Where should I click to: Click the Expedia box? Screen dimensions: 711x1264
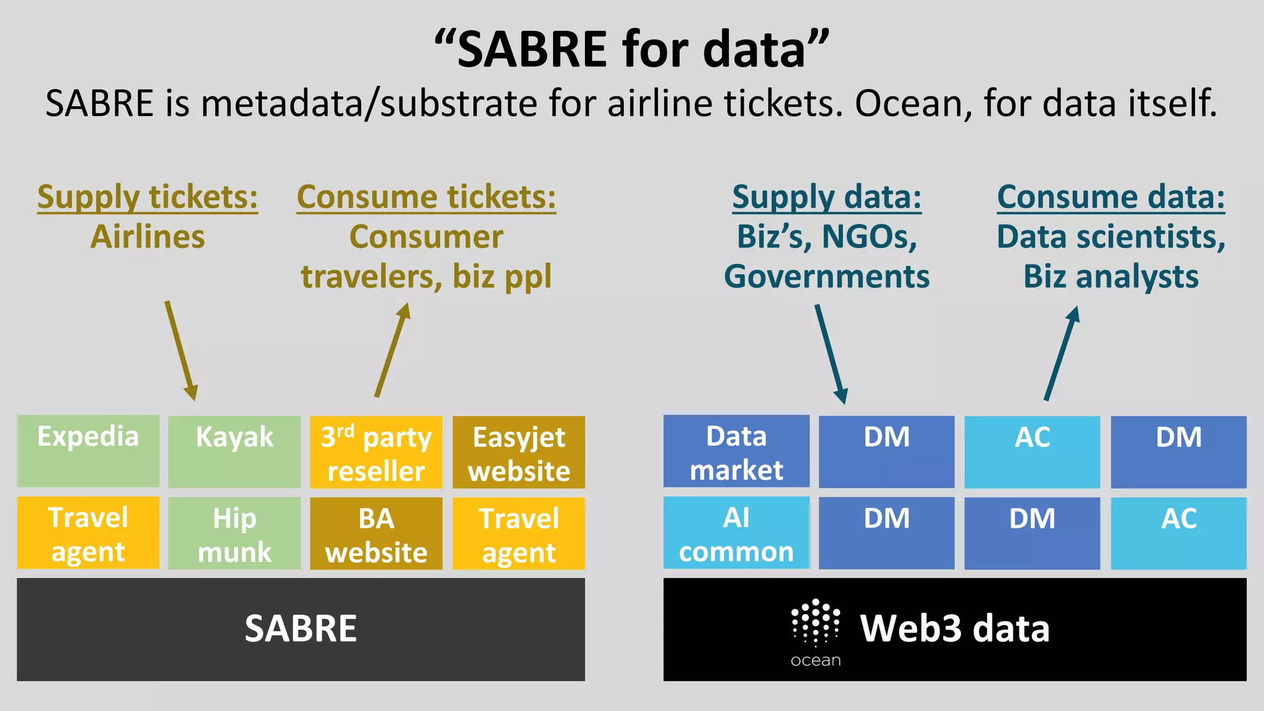point(88,451)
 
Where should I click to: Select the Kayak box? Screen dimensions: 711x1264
point(235,452)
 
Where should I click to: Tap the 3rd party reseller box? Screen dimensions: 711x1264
point(376,452)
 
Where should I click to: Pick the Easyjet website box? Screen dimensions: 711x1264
point(518,452)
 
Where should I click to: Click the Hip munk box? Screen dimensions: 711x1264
point(235,534)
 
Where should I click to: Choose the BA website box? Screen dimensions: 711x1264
point(376,534)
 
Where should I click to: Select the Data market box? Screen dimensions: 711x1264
point(736,452)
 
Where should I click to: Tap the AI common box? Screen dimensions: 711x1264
point(736,533)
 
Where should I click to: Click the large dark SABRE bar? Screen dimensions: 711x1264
point(301,629)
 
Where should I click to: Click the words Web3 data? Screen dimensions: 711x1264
point(955,629)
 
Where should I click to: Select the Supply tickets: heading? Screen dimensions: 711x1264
point(148,197)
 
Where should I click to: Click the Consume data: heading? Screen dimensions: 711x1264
point(1111,197)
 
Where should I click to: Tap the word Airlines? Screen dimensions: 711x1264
point(148,237)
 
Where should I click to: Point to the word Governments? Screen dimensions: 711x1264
point(826,276)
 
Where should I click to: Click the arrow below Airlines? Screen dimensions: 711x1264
point(181,351)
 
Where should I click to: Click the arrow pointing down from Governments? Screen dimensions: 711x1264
point(831,354)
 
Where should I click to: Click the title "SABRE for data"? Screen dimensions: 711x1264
point(631,49)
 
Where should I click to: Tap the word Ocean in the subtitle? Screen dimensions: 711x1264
point(907,103)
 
